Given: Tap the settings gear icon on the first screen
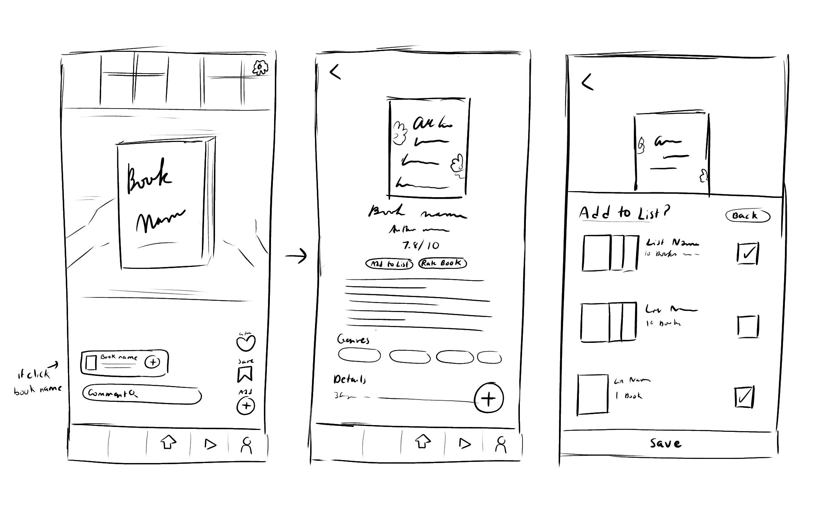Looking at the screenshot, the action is [x=260, y=68].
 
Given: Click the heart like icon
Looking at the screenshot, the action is [x=246, y=342].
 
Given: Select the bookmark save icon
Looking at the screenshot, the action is [x=245, y=374].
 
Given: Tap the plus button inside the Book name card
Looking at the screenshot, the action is [x=152, y=362].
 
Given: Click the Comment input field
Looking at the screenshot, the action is [x=142, y=394].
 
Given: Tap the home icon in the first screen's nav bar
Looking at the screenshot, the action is [x=168, y=442].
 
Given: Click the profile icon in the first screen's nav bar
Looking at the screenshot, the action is [x=246, y=445].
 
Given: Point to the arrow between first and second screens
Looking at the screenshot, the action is [x=296, y=256].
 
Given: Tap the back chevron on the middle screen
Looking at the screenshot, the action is [x=335, y=71].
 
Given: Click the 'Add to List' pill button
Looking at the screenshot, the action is [x=389, y=264].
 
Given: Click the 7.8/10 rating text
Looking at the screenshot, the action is [x=421, y=246].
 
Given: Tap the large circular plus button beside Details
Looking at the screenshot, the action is [x=489, y=398].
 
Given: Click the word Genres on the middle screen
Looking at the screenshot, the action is [x=353, y=340].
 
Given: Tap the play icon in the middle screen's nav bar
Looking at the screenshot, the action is [x=465, y=444].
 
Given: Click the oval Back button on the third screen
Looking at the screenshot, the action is [x=747, y=216].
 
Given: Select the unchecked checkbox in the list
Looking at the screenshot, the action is [x=748, y=326].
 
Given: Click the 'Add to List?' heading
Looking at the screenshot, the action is [x=624, y=213].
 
